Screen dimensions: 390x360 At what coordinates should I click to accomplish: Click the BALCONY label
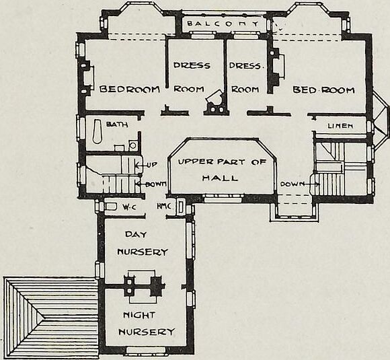223,24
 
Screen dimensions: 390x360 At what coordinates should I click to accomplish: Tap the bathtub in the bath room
97,131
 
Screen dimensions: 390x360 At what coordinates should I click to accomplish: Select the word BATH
117,124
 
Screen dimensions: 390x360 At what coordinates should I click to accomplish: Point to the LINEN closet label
340,126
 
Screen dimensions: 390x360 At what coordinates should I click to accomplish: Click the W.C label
130,207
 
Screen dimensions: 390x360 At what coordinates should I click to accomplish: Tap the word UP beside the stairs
151,165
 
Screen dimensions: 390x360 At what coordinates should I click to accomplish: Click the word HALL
220,178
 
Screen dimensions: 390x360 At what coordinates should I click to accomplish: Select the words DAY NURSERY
143,243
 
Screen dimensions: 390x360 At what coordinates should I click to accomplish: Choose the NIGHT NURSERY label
147,324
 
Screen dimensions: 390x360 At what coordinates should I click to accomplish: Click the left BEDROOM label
130,89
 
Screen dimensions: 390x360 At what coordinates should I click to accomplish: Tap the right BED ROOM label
323,89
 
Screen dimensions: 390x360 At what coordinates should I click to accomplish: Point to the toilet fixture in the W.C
111,207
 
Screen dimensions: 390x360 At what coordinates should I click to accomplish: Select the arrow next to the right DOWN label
312,184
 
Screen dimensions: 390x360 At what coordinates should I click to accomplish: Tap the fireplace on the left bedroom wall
86,77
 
